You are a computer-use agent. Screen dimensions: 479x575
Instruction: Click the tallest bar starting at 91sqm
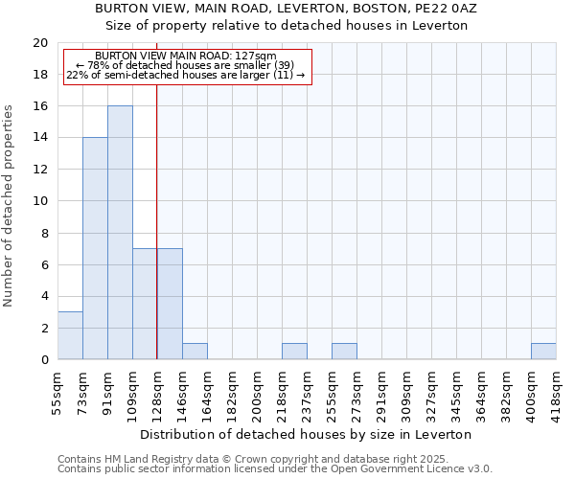coord(120,233)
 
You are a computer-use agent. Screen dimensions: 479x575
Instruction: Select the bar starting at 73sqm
coord(95,249)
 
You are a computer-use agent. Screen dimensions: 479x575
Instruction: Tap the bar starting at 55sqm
coord(70,335)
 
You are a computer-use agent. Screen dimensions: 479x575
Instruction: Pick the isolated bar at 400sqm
coord(543,352)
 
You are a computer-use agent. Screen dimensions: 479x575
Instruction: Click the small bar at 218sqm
coord(294,352)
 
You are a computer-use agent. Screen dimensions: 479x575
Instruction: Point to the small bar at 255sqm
coord(344,352)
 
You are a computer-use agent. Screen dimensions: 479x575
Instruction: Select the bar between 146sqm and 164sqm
coord(195,352)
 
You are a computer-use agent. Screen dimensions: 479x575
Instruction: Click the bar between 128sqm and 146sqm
coord(170,304)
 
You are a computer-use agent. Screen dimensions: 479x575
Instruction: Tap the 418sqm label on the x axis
coord(556,391)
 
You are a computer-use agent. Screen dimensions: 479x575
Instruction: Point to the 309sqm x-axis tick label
coord(406,391)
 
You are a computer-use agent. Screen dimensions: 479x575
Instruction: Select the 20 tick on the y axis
coord(40,43)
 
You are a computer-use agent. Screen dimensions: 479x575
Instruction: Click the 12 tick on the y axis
coord(40,170)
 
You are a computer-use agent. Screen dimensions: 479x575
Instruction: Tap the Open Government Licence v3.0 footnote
coord(275,469)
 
